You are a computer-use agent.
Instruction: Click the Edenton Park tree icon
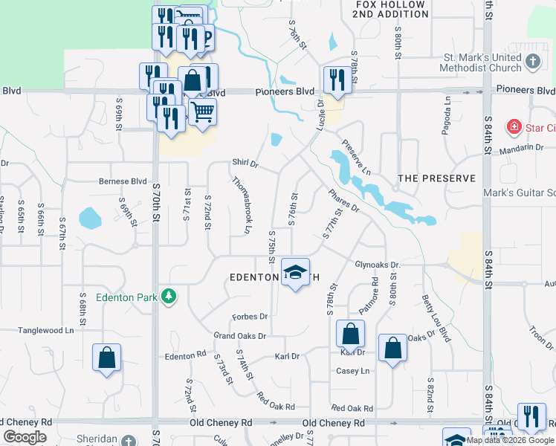tap(169, 297)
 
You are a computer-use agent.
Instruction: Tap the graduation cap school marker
tap(295, 273)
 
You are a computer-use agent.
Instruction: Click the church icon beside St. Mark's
tap(533, 62)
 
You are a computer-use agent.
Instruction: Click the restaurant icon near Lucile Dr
tap(337, 79)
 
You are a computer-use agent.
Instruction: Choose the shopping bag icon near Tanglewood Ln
tap(107, 358)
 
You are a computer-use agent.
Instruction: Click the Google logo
tap(25, 437)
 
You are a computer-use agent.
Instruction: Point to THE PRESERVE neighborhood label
tap(436, 178)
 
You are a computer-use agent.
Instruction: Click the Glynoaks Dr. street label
tap(378, 265)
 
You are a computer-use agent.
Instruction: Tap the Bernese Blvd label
tap(123, 181)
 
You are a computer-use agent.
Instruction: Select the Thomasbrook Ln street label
tap(241, 205)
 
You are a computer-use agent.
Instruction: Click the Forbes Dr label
tap(249, 317)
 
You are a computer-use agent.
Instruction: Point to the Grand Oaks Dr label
tap(240, 336)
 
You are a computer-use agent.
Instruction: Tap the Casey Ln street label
tap(353, 371)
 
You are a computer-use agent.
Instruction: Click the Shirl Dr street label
tap(245, 163)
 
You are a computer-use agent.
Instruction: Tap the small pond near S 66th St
tap(89, 218)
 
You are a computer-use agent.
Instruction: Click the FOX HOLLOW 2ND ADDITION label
tap(391, 9)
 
